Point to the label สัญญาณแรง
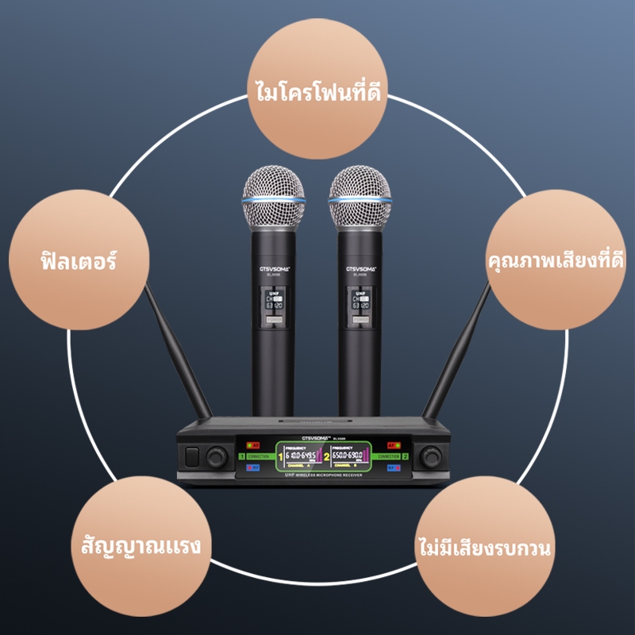(x=140, y=545)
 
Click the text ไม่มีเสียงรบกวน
(x=484, y=547)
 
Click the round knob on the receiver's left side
(x=216, y=456)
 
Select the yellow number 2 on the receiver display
(x=325, y=458)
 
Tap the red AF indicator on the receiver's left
(x=254, y=445)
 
